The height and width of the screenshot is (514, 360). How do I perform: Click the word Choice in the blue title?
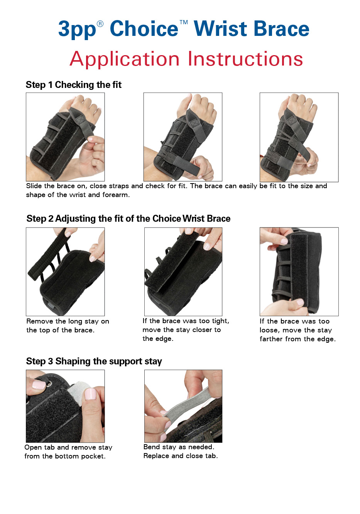point(144,29)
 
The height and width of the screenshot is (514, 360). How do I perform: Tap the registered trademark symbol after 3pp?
point(100,24)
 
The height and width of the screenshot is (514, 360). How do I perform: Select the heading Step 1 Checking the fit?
point(73,85)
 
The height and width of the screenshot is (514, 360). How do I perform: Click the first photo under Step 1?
point(65,137)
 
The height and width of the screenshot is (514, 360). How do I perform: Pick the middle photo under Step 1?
point(183,137)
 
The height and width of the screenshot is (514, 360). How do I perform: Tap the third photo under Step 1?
point(299,137)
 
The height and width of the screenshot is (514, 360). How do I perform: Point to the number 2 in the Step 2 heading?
point(51,219)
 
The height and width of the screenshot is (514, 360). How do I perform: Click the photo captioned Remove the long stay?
point(65,271)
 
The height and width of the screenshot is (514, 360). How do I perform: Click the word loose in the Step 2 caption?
point(269,330)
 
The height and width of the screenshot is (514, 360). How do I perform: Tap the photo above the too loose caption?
point(299,271)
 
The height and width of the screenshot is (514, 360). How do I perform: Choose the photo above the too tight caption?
point(183,271)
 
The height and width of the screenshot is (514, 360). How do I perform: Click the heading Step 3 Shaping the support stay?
point(94,361)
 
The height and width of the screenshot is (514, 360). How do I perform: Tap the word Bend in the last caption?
point(152,447)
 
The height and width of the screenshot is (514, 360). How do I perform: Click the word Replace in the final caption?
point(156,456)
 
